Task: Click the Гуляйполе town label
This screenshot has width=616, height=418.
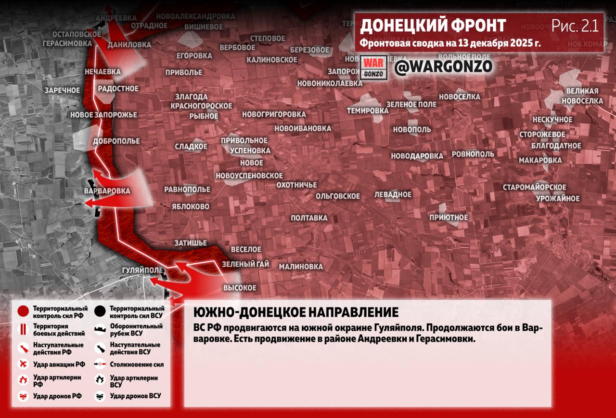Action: (143, 270)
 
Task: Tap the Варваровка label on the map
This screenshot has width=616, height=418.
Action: (107, 191)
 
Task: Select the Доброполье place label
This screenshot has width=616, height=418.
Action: (116, 141)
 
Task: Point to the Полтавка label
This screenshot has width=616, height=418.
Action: (309, 218)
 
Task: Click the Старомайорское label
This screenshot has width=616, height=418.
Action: (535, 187)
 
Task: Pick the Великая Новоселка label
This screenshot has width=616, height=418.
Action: (582, 96)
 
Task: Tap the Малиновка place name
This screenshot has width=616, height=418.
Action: (301, 267)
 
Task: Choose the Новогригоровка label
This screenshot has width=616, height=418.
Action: (274, 114)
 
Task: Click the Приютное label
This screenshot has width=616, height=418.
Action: (449, 217)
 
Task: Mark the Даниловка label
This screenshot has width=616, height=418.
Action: (129, 45)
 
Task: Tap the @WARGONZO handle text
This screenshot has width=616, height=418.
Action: (443, 67)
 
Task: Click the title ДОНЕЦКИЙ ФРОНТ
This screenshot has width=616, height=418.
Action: (433, 26)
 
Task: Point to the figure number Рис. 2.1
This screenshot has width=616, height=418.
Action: (575, 26)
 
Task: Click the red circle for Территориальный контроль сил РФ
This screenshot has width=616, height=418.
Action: (23, 311)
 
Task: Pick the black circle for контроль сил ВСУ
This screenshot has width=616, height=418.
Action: (100, 311)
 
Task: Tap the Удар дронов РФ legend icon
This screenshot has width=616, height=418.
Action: (23, 396)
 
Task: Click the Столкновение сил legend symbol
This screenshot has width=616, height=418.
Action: (100, 365)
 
